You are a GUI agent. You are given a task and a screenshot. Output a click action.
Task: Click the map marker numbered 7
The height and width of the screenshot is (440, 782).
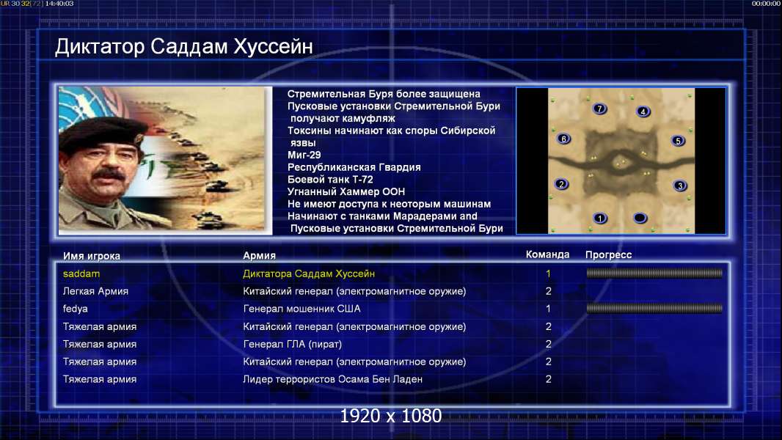(599, 109)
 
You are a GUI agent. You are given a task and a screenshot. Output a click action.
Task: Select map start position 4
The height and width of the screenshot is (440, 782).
(643, 111)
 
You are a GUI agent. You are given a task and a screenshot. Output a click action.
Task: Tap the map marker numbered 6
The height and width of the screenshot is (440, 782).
(563, 139)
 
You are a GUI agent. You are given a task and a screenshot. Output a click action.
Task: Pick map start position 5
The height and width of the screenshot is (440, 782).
(678, 141)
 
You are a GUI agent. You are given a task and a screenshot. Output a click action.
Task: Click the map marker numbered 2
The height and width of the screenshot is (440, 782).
(562, 184)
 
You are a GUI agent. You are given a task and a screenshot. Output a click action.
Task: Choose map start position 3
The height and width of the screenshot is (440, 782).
(680, 186)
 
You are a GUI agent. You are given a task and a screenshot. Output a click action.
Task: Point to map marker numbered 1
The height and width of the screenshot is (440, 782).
(600, 218)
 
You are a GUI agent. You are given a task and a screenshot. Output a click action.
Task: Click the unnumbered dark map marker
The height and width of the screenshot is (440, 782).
(640, 218)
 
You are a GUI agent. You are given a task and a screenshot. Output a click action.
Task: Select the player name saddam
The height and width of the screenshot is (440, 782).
(81, 274)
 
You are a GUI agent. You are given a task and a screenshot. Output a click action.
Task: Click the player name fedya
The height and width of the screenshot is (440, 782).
(76, 309)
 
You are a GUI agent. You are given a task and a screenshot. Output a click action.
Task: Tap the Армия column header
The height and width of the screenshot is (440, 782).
(260, 256)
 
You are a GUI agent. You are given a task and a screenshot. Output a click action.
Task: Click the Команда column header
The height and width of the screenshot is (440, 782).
(547, 254)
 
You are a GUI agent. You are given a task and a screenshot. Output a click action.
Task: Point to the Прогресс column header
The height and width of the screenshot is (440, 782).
(608, 255)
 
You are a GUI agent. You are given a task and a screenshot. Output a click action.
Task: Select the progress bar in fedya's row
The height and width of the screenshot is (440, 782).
(654, 309)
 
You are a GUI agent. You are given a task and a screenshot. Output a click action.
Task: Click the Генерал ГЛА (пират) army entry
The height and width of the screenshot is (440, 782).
(292, 345)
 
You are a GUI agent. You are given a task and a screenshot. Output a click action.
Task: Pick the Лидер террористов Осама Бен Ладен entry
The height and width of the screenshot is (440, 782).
(332, 379)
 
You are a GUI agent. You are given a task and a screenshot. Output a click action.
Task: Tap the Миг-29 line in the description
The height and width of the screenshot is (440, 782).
(304, 155)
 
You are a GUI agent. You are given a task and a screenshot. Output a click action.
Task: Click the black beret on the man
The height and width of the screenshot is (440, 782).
(102, 132)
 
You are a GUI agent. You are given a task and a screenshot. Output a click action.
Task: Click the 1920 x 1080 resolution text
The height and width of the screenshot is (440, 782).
(390, 416)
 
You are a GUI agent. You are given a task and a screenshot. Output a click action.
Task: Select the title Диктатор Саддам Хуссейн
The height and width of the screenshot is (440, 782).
(184, 46)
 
